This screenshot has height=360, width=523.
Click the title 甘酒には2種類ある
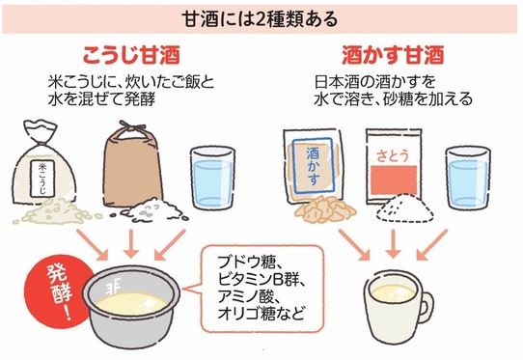tap(261, 18)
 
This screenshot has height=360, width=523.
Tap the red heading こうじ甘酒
tap(131, 55)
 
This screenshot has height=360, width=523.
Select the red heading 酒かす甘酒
tap(393, 55)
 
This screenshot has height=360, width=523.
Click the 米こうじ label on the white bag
tap(42, 179)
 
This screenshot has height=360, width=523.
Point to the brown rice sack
tap(133, 165)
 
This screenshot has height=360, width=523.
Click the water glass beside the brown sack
tap(213, 179)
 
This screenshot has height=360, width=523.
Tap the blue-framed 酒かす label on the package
tap(312, 165)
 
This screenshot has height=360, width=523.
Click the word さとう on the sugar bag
tap(393, 155)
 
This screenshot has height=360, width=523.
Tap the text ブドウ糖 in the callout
tap(247, 263)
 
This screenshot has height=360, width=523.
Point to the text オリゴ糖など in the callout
tap(261, 314)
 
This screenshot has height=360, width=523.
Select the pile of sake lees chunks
tap(324, 209)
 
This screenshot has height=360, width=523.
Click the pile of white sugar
tap(404, 208)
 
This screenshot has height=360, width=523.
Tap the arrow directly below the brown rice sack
tap(131, 243)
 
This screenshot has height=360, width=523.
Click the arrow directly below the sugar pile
tap(394, 243)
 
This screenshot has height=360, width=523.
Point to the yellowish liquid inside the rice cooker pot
tap(132, 303)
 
